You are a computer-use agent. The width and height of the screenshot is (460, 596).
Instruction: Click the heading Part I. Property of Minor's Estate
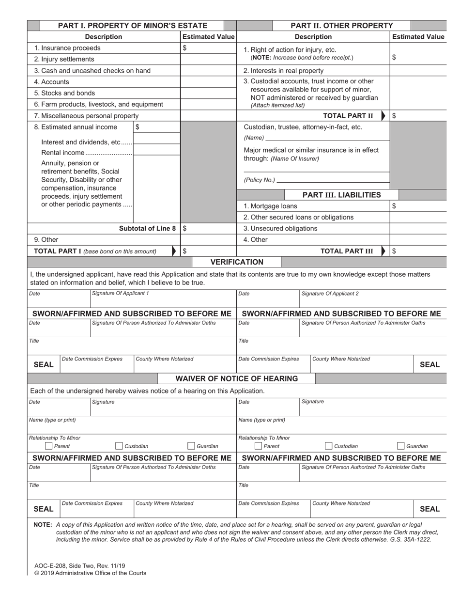point(133,26)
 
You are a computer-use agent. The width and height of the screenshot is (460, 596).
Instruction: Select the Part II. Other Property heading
point(341,26)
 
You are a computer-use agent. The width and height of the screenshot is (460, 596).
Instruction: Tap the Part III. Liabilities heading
point(341,195)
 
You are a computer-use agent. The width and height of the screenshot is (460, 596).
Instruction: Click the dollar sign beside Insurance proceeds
point(184,48)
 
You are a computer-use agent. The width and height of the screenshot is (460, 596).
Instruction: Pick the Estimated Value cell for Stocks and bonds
point(208,93)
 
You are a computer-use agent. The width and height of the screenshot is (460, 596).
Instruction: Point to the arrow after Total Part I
point(175,251)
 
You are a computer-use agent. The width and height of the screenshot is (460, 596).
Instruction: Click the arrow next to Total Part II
point(384,116)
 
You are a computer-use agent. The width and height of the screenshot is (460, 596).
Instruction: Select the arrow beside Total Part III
point(384,251)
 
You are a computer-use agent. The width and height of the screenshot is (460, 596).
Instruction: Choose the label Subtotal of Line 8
point(148,228)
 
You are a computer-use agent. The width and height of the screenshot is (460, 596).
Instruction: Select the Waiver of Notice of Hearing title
point(236,378)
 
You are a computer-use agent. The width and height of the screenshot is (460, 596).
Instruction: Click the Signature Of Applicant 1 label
point(121,294)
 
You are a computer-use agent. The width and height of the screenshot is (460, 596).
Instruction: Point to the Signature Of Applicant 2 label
point(330,294)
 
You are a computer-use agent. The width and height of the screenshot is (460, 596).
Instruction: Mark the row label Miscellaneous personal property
point(86,116)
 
